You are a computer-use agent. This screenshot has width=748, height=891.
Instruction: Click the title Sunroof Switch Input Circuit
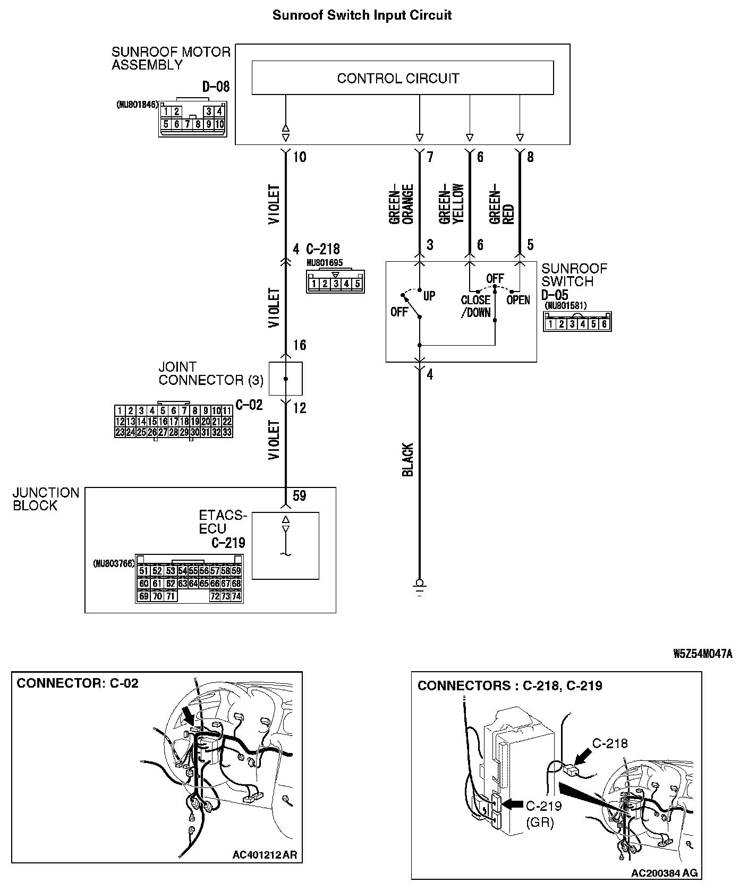coord(362,15)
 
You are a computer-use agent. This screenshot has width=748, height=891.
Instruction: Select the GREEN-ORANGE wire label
coord(401,204)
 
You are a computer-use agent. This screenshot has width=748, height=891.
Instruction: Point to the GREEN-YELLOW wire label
coord(451,204)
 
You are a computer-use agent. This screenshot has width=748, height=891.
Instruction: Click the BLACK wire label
coord(407,460)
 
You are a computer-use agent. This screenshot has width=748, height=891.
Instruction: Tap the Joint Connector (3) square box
coord(285,379)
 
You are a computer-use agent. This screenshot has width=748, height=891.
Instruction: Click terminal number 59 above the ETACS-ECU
coord(300,496)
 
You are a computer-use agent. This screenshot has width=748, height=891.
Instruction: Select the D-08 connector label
coord(216,87)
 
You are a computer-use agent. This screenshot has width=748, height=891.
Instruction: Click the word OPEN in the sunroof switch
coord(518,300)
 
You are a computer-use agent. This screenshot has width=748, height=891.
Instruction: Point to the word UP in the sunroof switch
coord(429,296)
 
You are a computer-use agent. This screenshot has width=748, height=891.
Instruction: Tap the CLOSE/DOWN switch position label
coord(475,306)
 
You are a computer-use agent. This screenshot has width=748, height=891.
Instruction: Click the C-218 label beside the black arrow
coord(610,743)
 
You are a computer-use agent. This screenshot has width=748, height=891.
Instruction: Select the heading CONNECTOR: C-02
coord(78,683)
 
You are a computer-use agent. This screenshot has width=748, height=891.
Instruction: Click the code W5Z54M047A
coord(703,654)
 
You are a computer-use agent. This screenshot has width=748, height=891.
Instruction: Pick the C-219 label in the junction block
coord(228,543)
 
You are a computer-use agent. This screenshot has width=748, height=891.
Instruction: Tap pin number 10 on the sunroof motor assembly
coord(300,157)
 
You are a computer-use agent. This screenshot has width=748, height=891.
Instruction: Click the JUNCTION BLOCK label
coord(46,499)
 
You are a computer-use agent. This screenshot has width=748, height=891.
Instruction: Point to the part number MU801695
coord(325,263)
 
